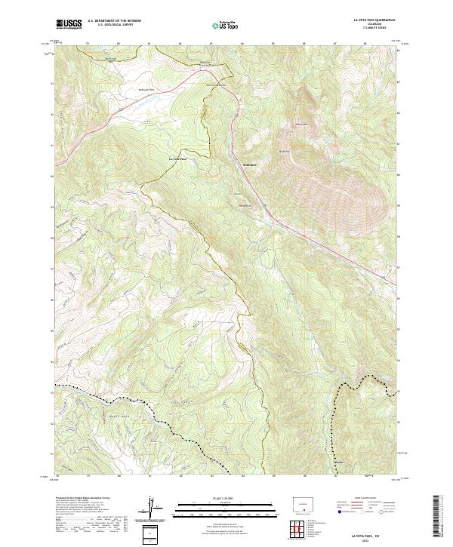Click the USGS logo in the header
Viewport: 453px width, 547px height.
69,24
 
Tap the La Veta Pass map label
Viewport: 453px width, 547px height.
176,158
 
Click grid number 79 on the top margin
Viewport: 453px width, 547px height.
88,44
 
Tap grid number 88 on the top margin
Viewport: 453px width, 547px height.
365,44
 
